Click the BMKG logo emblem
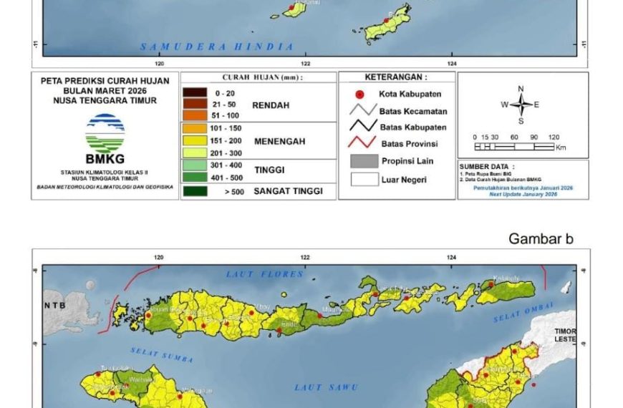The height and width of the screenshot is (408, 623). pyautogui.click(x=105, y=133)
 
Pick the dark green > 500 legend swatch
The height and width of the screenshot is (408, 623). pyautogui.click(x=195, y=191)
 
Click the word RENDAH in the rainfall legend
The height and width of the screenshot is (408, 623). pyautogui.click(x=270, y=105)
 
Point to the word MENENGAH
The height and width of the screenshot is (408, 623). pyautogui.click(x=279, y=142)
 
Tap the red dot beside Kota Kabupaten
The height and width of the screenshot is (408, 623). pyautogui.click(x=359, y=94)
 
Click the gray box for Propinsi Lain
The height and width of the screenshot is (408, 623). pyautogui.click(x=364, y=162)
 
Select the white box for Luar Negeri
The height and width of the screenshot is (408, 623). pyautogui.click(x=364, y=179)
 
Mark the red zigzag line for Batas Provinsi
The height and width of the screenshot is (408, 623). pyautogui.click(x=364, y=143)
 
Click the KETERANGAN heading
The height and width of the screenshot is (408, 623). pyautogui.click(x=396, y=77)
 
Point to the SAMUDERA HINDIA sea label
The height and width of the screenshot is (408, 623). pyautogui.click(x=217, y=47)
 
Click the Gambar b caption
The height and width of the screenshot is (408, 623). pyautogui.click(x=541, y=239)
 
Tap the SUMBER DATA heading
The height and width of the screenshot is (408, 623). pyautogui.click(x=485, y=166)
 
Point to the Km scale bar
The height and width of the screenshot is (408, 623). pyautogui.click(x=514, y=147)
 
